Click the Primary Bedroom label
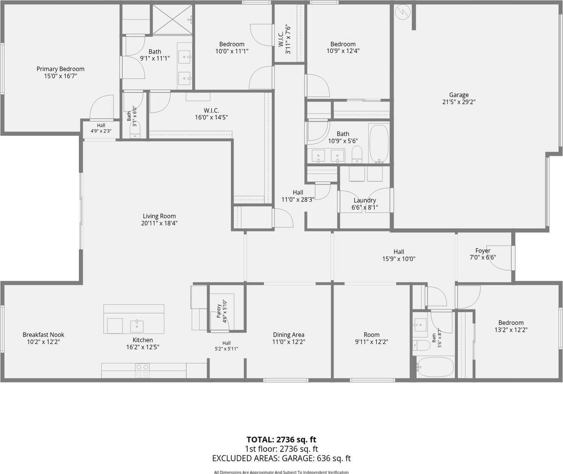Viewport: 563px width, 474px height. (61, 69)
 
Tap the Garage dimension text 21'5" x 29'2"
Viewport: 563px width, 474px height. (459, 102)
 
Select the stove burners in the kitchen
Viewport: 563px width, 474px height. (142, 370)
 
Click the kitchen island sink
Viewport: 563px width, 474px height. (137, 326)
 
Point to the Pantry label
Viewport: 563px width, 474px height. (219, 311)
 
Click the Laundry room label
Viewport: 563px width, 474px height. (365, 200)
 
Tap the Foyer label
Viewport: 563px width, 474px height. (483, 251)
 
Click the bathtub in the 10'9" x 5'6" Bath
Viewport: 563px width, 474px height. (379, 144)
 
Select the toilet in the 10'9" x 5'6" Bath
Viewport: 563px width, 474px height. (357, 154)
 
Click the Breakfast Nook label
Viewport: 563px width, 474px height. (44, 335)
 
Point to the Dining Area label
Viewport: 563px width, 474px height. (289, 335)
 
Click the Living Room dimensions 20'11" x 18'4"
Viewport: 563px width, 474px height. (160, 223)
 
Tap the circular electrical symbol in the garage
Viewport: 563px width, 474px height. (403, 12)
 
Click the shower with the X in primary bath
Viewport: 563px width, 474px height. (173, 19)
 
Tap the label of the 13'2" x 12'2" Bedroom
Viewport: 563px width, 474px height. (511, 323)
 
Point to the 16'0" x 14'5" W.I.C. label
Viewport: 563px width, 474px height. (212, 111)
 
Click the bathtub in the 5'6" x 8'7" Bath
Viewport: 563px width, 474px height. (435, 367)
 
